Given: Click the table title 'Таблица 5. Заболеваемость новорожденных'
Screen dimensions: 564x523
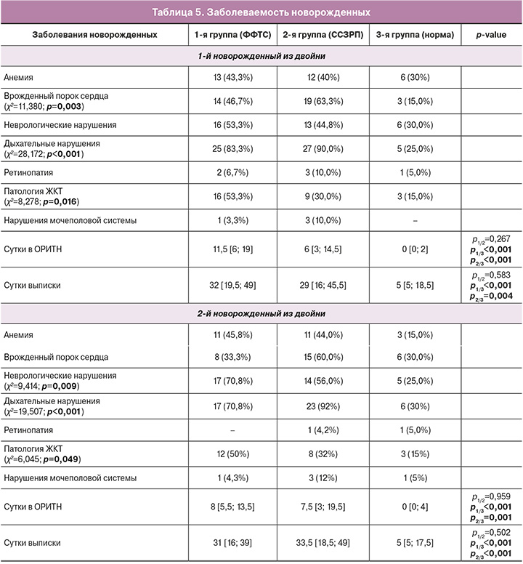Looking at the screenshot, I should (261, 12).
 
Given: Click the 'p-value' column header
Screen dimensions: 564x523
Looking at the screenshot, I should (491, 35).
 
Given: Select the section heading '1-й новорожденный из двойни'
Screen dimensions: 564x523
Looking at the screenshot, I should (261, 56).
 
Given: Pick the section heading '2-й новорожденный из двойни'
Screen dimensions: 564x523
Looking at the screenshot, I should (261, 314).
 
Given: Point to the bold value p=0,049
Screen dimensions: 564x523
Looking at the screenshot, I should (62, 460).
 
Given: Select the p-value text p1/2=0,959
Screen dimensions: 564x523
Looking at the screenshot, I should (491, 494).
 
